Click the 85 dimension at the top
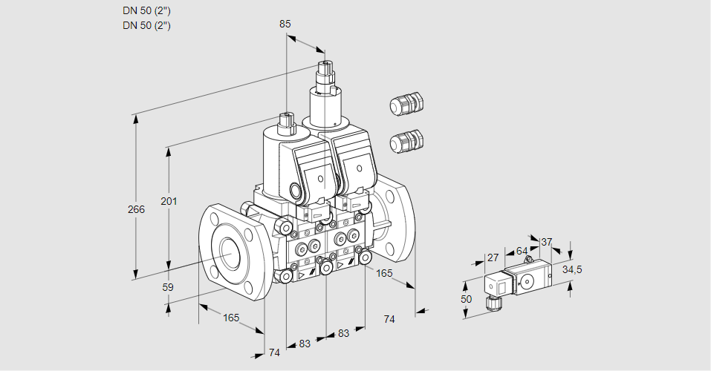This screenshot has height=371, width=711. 285,24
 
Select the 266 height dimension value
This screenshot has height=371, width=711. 136,209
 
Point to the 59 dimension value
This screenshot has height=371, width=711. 168,287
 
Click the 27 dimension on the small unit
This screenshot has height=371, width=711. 492,257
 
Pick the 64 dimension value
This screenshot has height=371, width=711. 522,252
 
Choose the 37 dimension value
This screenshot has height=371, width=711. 546,242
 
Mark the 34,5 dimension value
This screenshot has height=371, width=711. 572,269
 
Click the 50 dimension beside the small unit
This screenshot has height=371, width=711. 466,298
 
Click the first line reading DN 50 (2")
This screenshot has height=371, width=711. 147,11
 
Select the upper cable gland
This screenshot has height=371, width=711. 406,105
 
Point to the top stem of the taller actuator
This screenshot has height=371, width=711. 325,71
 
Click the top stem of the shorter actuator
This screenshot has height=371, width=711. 287,119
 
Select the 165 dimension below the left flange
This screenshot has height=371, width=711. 231,318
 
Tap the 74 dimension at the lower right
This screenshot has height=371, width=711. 389,319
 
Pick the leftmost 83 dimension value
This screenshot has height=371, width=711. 305,344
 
